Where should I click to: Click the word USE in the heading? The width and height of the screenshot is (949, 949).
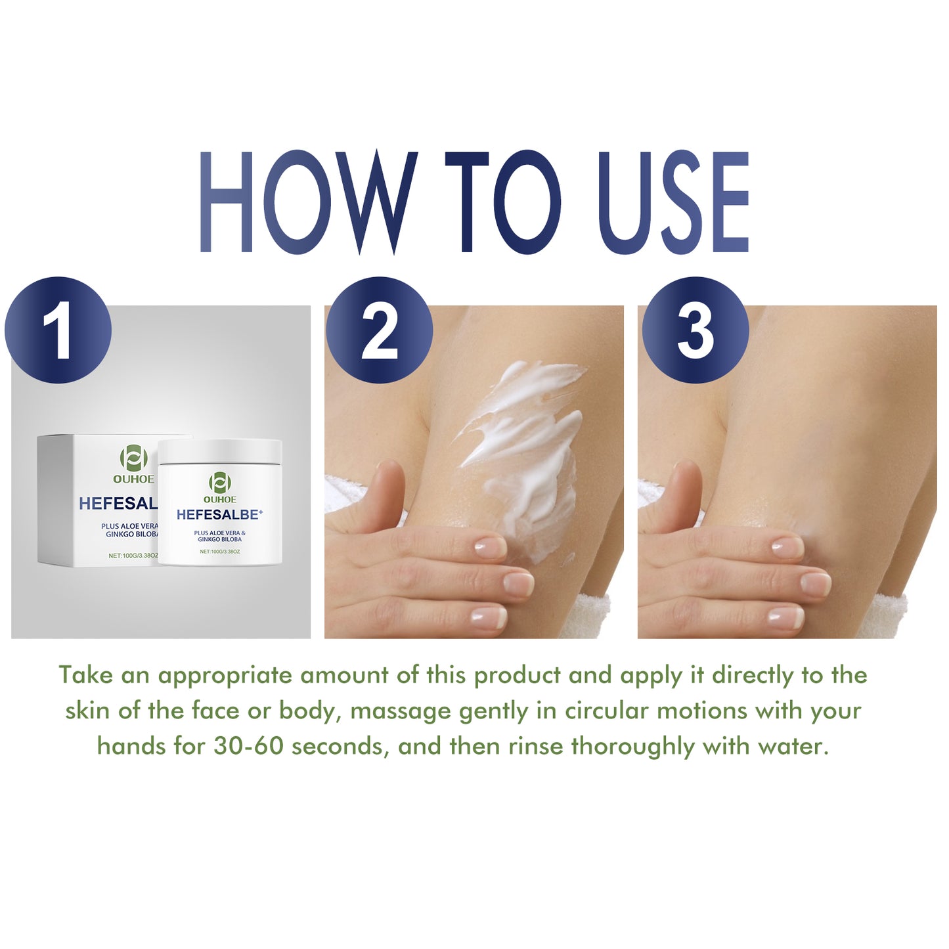tap(673, 202)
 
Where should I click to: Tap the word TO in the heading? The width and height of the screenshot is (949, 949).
tap(502, 202)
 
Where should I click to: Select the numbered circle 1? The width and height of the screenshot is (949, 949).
tap(58, 330)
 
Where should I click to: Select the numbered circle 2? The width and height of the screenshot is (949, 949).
tap(379, 330)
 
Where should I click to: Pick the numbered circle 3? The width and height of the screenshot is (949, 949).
tap(695, 330)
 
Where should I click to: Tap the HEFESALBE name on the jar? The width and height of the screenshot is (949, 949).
tap(219, 515)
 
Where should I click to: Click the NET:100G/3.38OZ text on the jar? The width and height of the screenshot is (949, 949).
tap(219, 552)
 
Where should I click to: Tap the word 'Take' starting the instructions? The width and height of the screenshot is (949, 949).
tap(85, 676)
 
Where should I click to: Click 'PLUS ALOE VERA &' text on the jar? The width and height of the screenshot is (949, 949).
tap(219, 533)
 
